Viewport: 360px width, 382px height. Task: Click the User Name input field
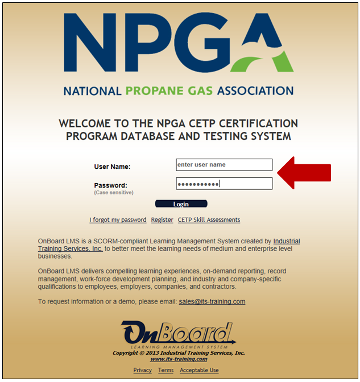(x=224, y=165)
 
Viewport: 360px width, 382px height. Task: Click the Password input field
(x=224, y=184)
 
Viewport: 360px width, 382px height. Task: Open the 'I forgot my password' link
(x=118, y=220)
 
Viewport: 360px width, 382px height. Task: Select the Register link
(x=162, y=220)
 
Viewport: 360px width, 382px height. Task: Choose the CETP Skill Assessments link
(x=209, y=220)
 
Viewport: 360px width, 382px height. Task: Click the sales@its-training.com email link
(x=212, y=301)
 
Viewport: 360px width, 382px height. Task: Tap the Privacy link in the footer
(x=143, y=370)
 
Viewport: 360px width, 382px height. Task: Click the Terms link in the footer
(x=166, y=370)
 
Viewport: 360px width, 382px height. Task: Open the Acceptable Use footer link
(x=199, y=370)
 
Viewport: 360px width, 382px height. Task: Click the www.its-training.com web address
(x=179, y=359)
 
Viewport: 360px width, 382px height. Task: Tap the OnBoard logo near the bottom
(x=178, y=334)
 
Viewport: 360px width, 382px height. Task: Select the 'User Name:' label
(x=112, y=167)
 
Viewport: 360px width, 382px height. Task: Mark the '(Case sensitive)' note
(x=114, y=193)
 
